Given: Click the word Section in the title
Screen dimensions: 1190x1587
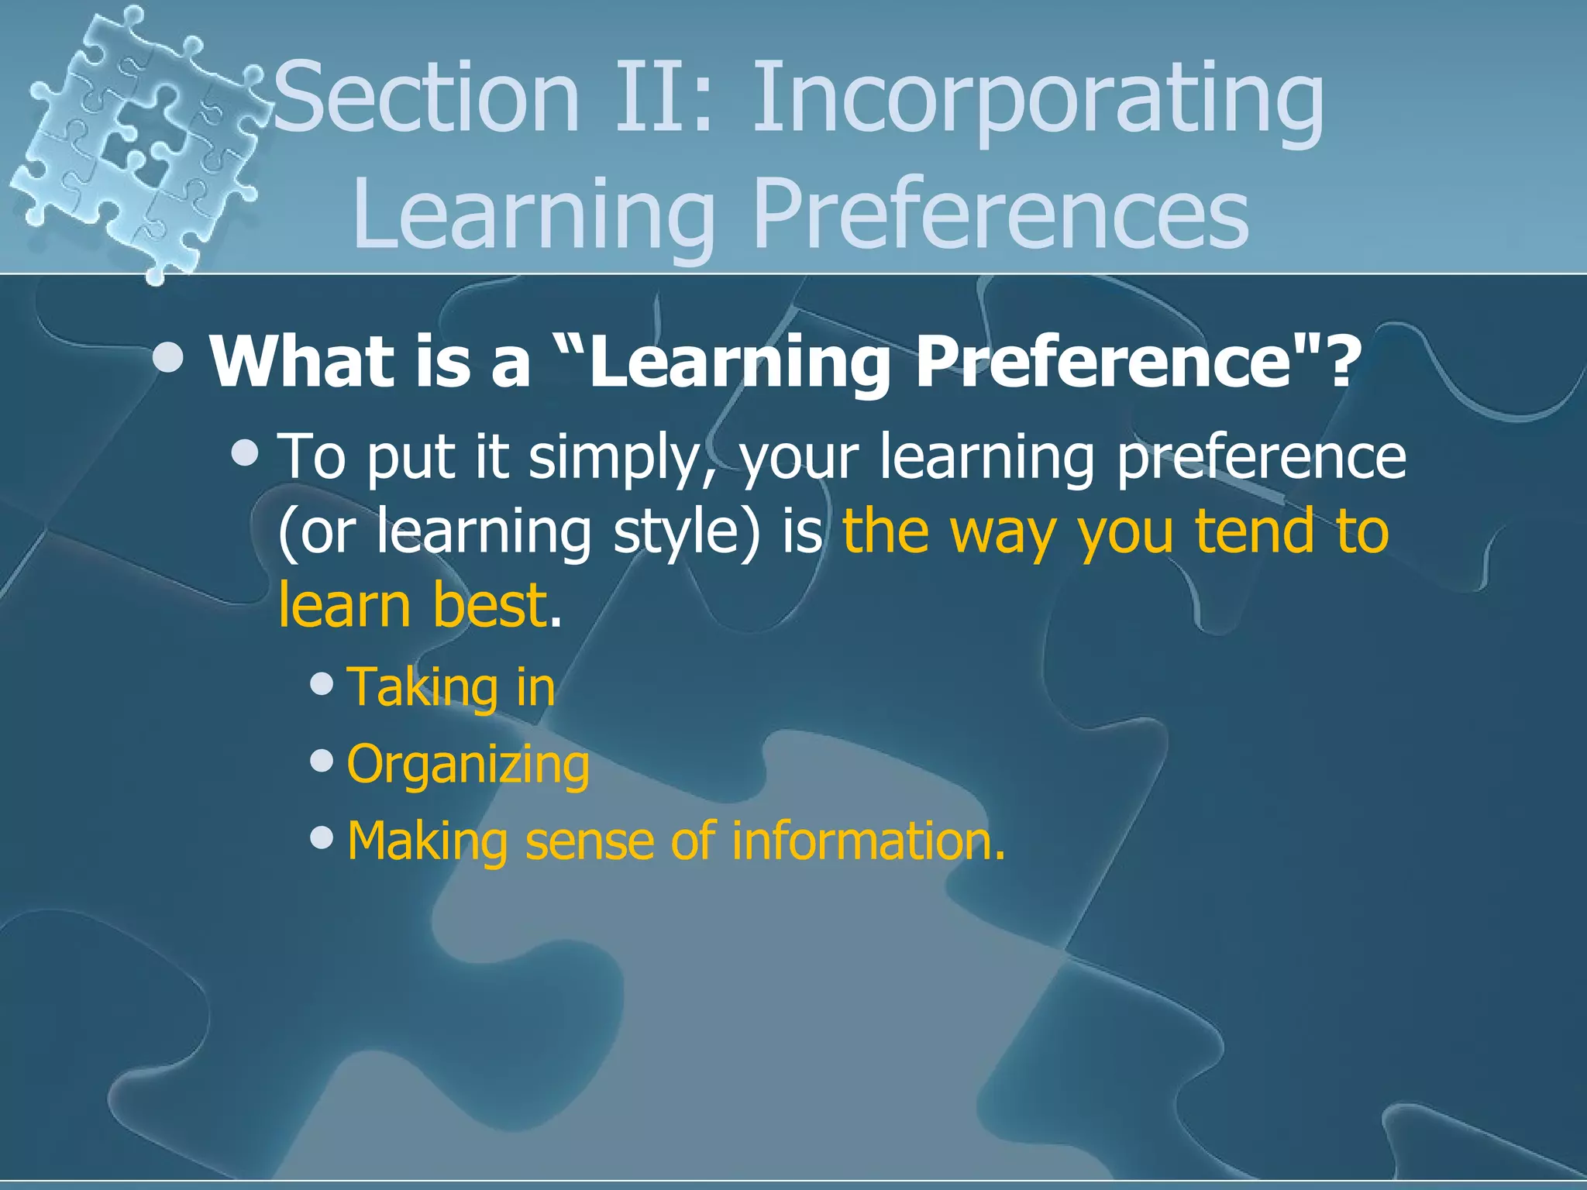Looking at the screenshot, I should [426, 99].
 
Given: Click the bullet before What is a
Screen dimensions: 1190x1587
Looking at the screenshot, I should [168, 358].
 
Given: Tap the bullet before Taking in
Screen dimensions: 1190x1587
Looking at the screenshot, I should [321, 683].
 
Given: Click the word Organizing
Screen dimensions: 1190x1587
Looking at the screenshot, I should [468, 765].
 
